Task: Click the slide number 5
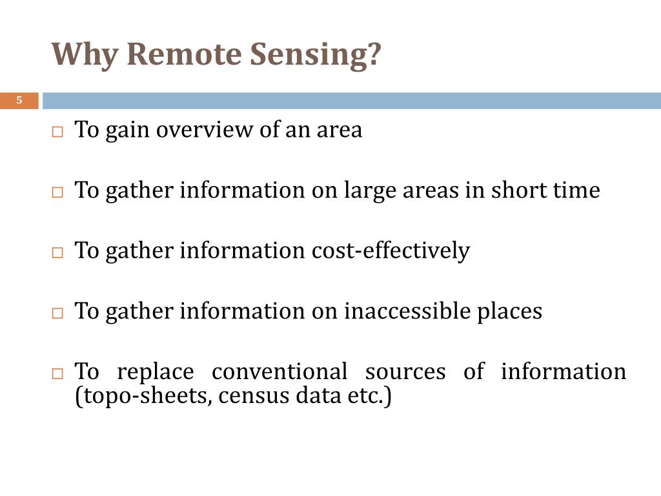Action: coord(19,100)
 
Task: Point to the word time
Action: coord(576,191)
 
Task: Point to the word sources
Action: coord(405,372)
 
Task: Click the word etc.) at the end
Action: coord(370,396)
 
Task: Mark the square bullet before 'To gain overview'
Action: coord(57,132)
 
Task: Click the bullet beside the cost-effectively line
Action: coord(57,253)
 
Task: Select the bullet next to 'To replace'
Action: coord(57,373)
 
